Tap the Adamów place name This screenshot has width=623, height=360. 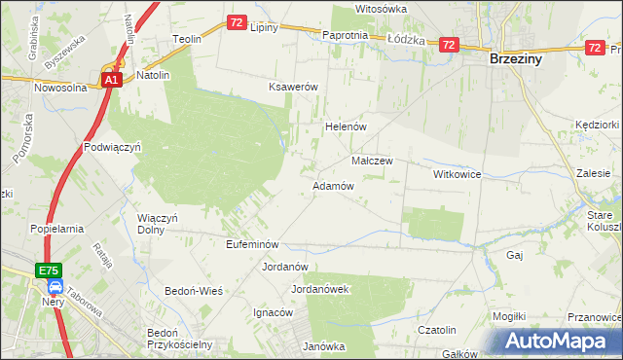click(332, 185)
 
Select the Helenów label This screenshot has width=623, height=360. click(344, 127)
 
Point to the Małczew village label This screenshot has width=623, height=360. click(371, 161)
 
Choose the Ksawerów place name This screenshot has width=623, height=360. click(294, 87)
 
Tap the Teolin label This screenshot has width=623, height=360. click(186, 39)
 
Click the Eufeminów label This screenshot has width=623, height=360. click(252, 244)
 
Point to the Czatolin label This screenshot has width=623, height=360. click(437, 330)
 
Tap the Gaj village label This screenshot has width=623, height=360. click(516, 255)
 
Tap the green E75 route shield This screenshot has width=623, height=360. click(51, 270)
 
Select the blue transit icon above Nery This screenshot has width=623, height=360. click(55, 288)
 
